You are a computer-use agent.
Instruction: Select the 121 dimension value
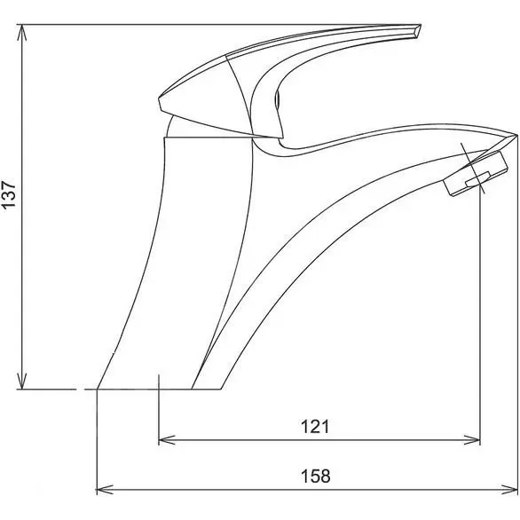(315, 426)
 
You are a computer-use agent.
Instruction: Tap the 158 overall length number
(315, 477)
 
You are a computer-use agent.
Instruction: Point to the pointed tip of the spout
(515, 136)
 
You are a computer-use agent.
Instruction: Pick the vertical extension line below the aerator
(480, 311)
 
